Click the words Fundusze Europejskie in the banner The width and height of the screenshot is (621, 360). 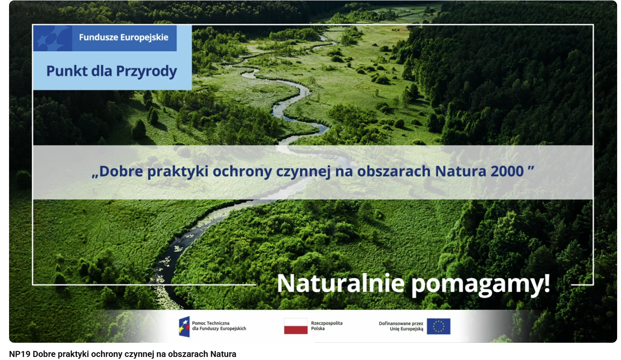[x=124, y=38]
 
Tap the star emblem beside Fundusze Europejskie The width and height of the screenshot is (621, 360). [x=53, y=38]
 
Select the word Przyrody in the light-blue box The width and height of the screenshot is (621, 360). [x=147, y=72]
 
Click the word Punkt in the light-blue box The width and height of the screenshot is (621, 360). [x=67, y=71]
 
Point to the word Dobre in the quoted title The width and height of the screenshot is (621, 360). [x=121, y=171]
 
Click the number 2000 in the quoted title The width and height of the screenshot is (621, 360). [x=507, y=171]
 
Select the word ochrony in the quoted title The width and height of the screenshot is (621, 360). [x=242, y=172]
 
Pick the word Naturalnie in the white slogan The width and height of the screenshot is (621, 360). [x=340, y=283]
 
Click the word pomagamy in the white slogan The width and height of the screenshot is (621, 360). [x=475, y=285]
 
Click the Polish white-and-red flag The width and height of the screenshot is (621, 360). [x=296, y=326]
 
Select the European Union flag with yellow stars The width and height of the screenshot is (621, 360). [x=439, y=326]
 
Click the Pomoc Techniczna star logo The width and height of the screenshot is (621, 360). [x=184, y=326]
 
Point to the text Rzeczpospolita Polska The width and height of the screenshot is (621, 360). [x=327, y=326]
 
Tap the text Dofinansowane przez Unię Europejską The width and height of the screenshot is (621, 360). [x=401, y=326]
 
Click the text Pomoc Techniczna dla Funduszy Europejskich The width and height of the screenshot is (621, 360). [x=219, y=326]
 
